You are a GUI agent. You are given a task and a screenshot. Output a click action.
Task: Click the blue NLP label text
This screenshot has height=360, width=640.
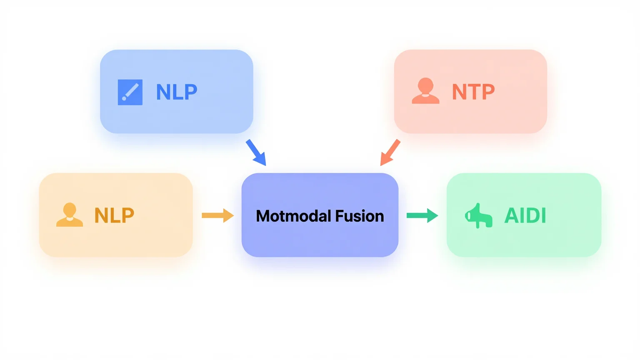[177, 92]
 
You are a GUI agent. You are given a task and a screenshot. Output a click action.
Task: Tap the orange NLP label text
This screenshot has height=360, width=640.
[114, 215]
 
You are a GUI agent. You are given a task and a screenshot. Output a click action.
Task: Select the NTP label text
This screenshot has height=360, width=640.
[473, 92]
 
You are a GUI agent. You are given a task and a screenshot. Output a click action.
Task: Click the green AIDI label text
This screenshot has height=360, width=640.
[525, 215]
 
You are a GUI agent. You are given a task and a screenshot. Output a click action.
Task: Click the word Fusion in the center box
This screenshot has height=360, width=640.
[360, 216]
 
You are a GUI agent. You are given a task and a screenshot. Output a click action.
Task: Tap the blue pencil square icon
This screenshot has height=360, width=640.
[130, 92]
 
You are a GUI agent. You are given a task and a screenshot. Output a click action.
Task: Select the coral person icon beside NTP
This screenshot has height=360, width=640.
[425, 91]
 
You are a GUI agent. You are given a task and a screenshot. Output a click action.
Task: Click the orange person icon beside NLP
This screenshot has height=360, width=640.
[70, 215]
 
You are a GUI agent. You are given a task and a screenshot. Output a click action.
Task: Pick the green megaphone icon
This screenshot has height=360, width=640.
[479, 216]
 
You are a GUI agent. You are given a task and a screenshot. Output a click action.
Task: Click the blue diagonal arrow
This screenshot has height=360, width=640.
[256, 153]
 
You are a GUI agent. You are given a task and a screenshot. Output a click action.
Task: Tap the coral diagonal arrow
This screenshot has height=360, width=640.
[390, 153]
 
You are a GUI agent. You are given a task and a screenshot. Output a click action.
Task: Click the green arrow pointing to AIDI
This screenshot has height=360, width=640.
[422, 215]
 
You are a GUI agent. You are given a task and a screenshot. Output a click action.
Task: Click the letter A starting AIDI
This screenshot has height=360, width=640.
[511, 215]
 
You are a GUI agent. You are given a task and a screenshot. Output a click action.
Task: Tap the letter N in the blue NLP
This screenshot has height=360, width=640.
[163, 92]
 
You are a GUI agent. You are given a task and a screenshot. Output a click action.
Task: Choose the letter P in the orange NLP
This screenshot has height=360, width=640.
[127, 215]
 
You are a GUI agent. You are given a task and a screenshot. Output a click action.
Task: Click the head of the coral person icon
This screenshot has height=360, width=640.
[425, 85]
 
